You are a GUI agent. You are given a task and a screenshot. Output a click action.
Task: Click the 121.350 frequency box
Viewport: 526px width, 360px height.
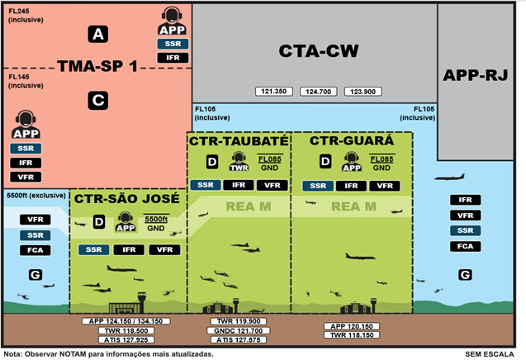[x=274, y=92]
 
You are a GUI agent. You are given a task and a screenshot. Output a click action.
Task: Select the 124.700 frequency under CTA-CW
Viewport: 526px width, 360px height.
[x=319, y=92]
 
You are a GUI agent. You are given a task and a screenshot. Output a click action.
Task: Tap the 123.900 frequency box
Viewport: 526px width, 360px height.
[x=363, y=92]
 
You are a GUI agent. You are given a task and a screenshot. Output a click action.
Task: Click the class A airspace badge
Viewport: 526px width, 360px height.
[x=98, y=34]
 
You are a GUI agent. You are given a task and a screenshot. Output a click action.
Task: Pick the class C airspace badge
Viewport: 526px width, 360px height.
[x=98, y=100]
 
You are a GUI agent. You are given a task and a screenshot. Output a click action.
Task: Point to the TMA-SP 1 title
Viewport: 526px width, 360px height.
[x=97, y=66]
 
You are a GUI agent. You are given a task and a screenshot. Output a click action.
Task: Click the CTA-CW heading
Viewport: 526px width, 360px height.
[x=319, y=51]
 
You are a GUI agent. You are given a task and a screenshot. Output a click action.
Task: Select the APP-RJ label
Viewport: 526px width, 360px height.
[x=476, y=75]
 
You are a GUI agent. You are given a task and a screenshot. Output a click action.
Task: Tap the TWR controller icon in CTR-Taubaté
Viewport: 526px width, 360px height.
[x=239, y=161]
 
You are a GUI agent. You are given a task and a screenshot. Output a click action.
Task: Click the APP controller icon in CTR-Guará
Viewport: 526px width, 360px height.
[x=352, y=162]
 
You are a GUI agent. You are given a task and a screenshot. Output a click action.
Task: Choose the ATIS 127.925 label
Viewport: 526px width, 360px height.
[x=126, y=340]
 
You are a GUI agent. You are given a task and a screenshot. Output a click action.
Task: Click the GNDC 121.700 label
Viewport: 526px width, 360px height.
[x=239, y=330]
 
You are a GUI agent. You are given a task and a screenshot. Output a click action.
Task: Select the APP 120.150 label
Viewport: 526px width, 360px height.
[x=352, y=326]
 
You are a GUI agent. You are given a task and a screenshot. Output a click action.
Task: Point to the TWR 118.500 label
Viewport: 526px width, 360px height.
[x=126, y=330]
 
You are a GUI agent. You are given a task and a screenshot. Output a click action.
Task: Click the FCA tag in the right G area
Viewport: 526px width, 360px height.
[x=465, y=246]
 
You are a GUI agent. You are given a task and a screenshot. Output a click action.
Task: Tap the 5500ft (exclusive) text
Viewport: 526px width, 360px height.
[x=36, y=195]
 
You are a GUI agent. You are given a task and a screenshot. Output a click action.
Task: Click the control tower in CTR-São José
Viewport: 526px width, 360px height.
[x=141, y=302]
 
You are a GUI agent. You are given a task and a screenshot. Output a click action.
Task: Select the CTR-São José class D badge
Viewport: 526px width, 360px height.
[x=99, y=222]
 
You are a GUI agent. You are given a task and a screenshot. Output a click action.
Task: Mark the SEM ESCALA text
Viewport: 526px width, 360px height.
[x=490, y=354]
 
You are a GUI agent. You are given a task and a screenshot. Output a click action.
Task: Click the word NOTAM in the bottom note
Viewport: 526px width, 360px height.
[x=73, y=354]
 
